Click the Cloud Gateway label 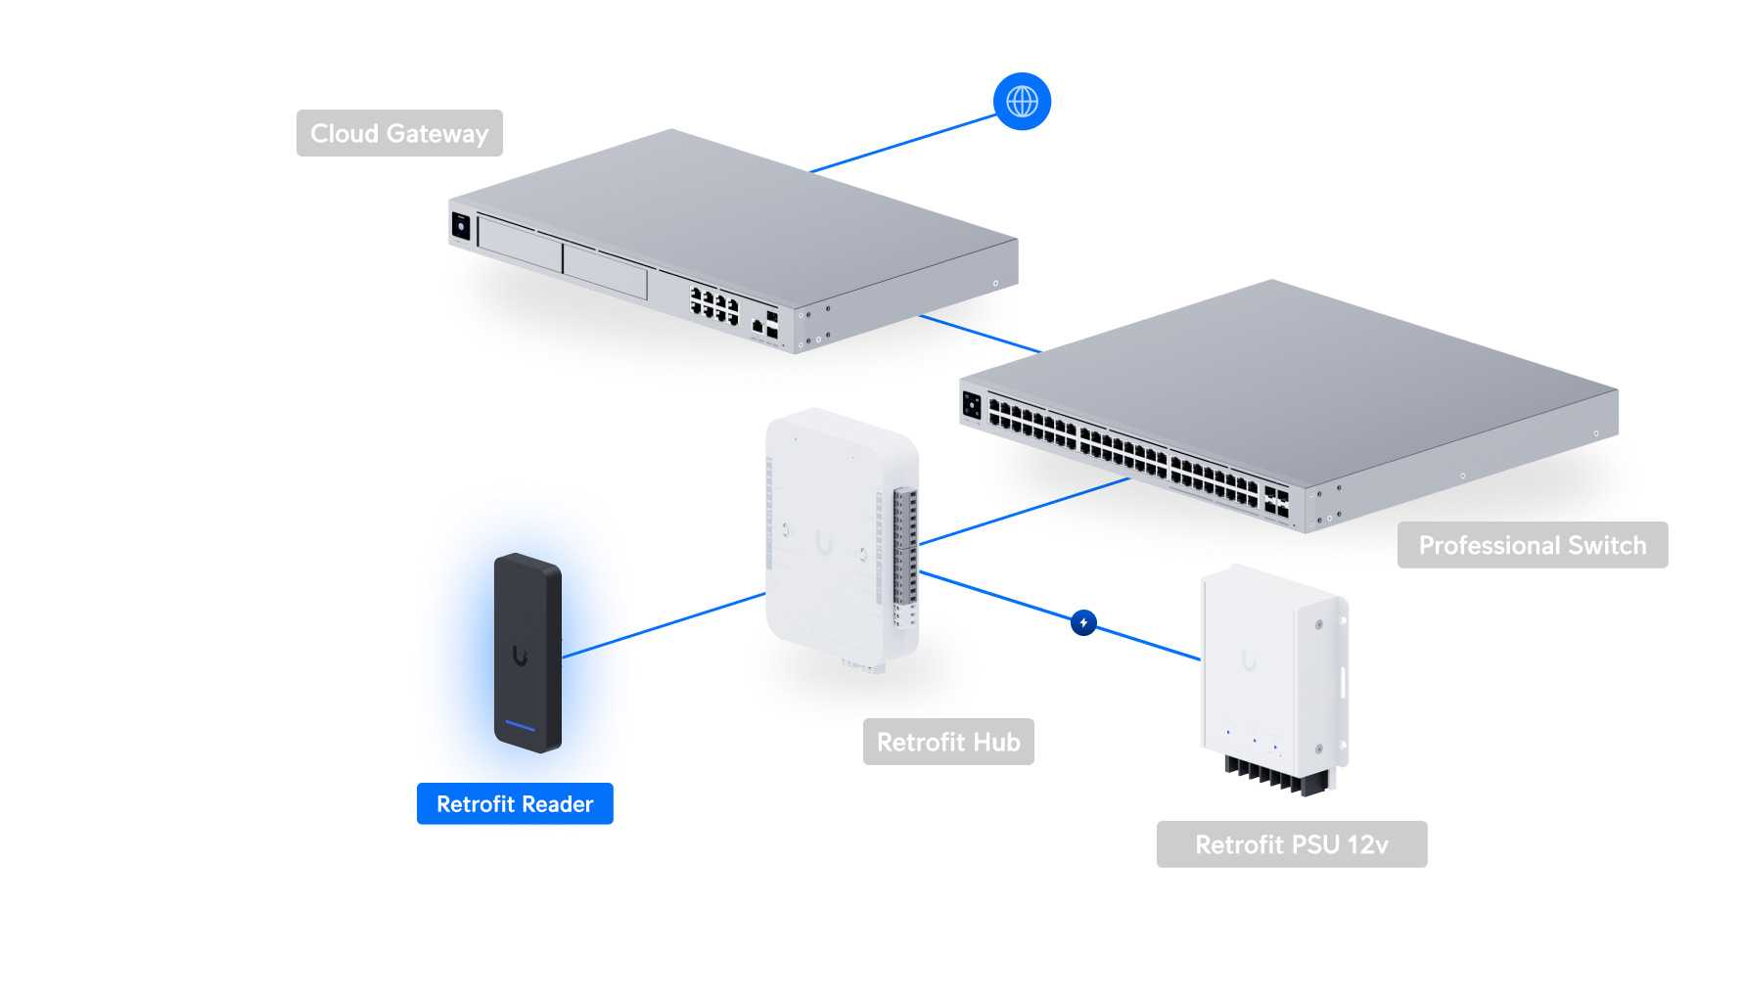click(399, 133)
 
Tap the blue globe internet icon click(1022, 101)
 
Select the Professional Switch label click(1532, 545)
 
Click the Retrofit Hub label click(947, 742)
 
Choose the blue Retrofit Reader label click(515, 804)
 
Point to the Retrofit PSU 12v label click(1291, 844)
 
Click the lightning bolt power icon click(1083, 622)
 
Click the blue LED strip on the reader click(520, 726)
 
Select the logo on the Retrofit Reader click(520, 656)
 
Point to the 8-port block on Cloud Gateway click(713, 305)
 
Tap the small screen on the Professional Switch click(972, 404)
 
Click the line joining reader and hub click(697, 614)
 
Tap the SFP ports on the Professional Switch click(1276, 501)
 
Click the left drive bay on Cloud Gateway click(520, 245)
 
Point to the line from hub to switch click(1023, 512)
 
